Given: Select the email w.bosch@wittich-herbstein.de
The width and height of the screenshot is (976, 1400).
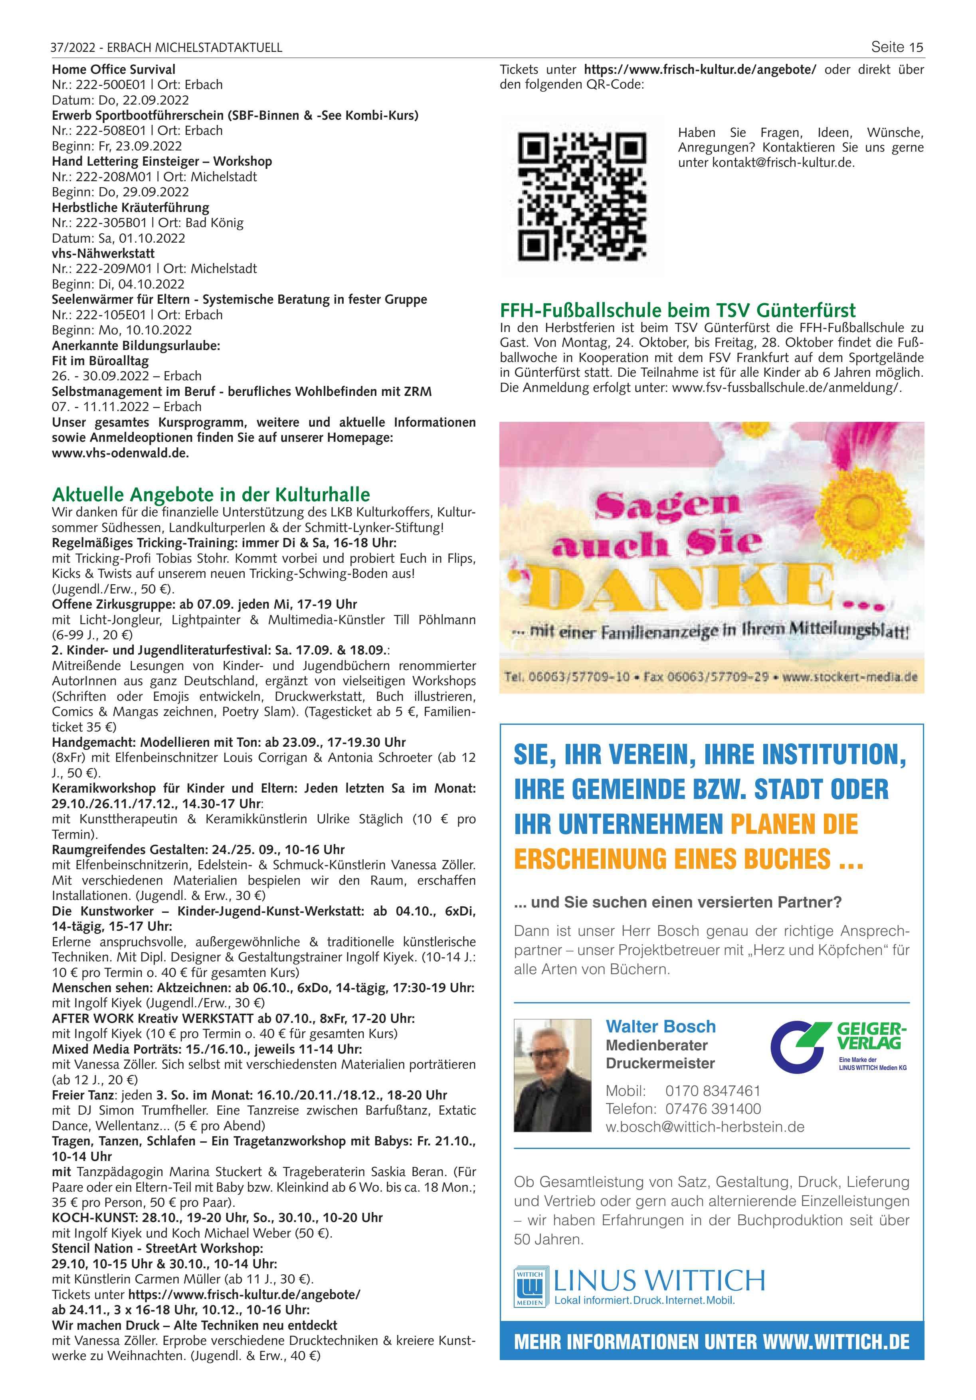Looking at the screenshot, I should [705, 1127].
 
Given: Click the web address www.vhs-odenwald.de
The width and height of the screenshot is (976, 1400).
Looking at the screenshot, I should [120, 453].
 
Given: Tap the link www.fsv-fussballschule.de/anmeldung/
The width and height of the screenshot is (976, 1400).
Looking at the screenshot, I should [786, 388].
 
